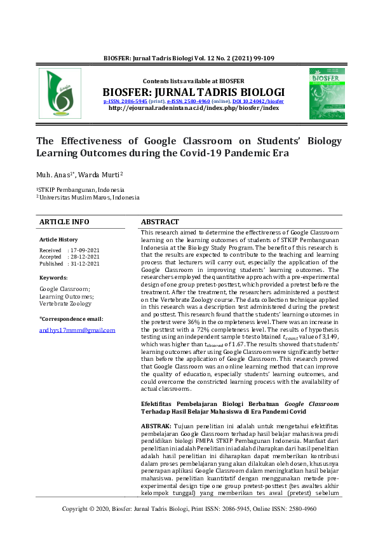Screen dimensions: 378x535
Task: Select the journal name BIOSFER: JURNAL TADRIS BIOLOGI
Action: [x=194, y=91]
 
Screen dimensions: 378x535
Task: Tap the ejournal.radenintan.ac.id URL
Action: [x=194, y=108]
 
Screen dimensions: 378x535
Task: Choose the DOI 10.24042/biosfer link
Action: [x=258, y=101]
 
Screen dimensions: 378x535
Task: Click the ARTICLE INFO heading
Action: [x=64, y=222]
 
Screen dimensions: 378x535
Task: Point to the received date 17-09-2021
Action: [x=85, y=250]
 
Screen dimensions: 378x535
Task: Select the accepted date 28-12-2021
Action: [x=85, y=257]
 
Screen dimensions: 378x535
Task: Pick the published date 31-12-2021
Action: [x=85, y=263]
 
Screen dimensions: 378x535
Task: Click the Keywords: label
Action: [x=53, y=278]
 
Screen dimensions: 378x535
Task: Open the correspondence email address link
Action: [x=77, y=330]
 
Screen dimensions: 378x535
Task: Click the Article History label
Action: [x=58, y=240]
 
